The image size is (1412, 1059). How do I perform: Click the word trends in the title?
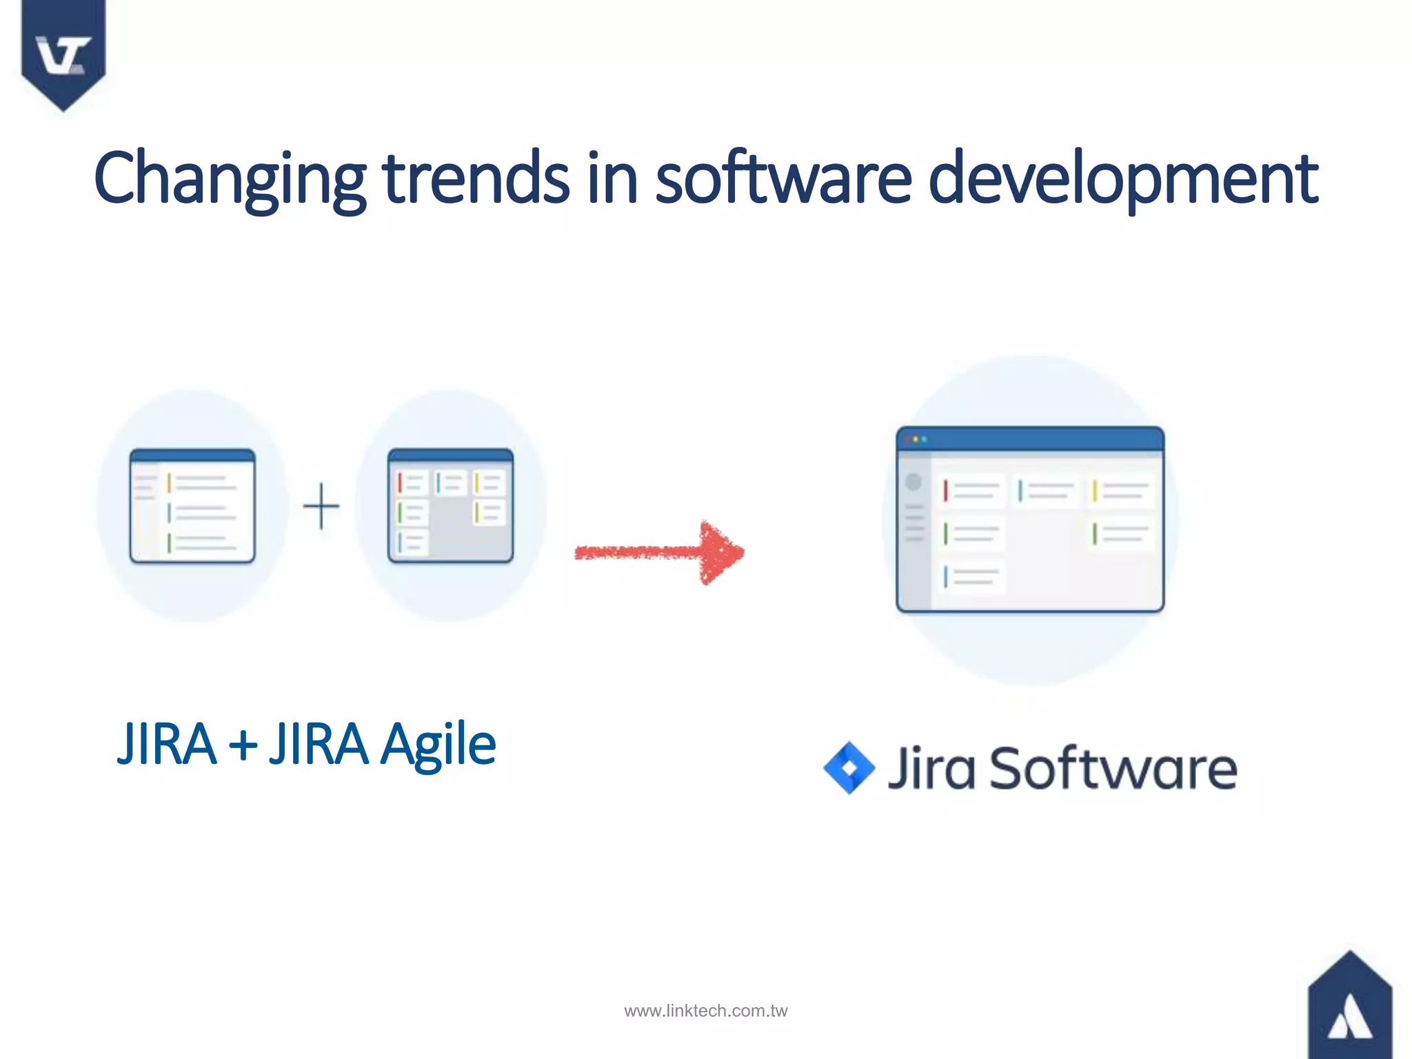[476, 178]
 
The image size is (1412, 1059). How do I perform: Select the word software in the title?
[783, 178]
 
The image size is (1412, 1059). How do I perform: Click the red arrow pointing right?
[659, 552]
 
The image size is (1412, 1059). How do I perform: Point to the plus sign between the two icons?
[321, 506]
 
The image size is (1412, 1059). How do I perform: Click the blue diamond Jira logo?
[849, 767]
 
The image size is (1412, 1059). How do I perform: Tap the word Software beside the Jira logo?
[1113, 768]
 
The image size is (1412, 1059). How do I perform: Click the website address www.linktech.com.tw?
[705, 1011]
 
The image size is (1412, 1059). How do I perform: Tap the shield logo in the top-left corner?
[63, 52]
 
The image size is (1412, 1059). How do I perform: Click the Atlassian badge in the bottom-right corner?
[1349, 1010]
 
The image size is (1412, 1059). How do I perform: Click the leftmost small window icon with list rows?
[192, 505]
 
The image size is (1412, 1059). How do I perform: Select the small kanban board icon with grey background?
[450, 505]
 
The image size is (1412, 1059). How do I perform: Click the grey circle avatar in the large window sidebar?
[914, 482]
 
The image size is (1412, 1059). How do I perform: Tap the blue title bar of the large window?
[1030, 439]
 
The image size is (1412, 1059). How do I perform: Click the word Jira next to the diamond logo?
[931, 768]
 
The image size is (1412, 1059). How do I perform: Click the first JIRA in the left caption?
[166, 745]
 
